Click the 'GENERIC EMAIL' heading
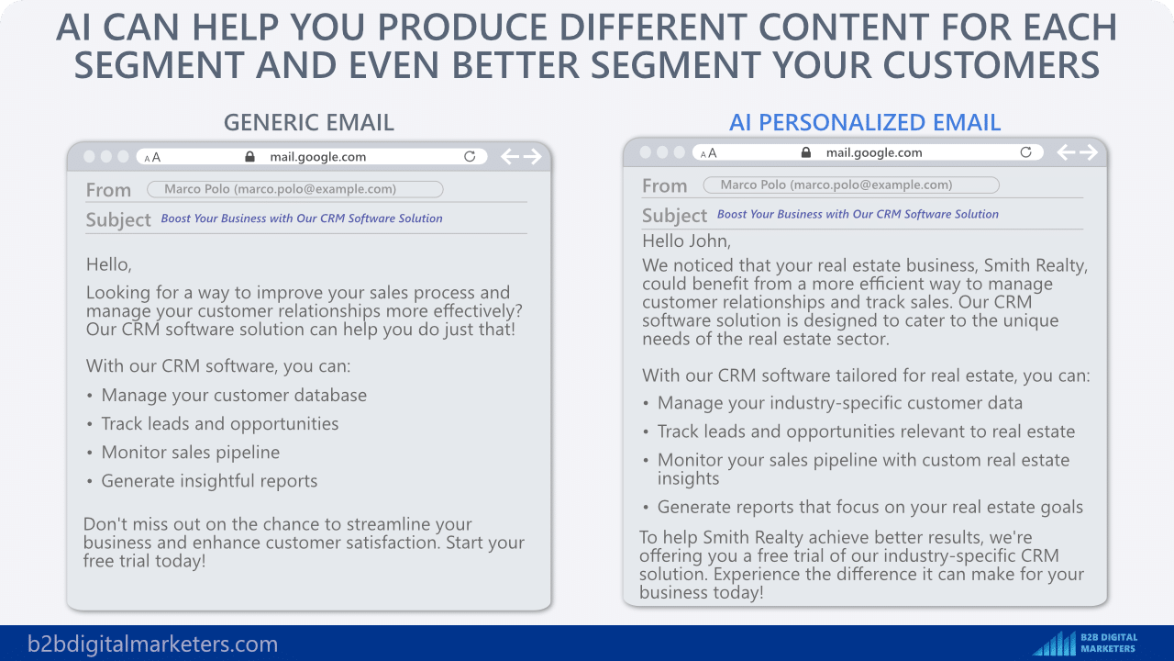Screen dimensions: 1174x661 point(309,123)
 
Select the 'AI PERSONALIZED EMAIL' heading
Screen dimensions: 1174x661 point(865,123)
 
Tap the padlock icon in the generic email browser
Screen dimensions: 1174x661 point(250,156)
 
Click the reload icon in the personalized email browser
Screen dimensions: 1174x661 point(1025,152)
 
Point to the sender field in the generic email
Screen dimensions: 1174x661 point(295,189)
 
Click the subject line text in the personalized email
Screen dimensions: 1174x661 point(858,214)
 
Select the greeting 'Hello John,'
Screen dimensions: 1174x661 point(686,241)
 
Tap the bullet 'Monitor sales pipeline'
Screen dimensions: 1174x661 point(190,453)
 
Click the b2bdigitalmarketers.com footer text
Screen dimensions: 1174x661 point(152,644)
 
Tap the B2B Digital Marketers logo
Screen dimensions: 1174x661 point(1085,643)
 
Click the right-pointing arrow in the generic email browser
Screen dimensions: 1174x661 point(533,156)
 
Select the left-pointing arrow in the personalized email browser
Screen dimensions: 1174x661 point(1066,152)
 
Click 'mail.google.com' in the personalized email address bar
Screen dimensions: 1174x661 point(874,152)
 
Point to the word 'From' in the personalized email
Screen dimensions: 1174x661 point(665,185)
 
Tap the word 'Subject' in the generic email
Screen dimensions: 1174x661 point(118,219)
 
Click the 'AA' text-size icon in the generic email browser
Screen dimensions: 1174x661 point(152,157)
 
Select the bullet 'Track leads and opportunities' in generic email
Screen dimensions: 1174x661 point(220,424)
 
